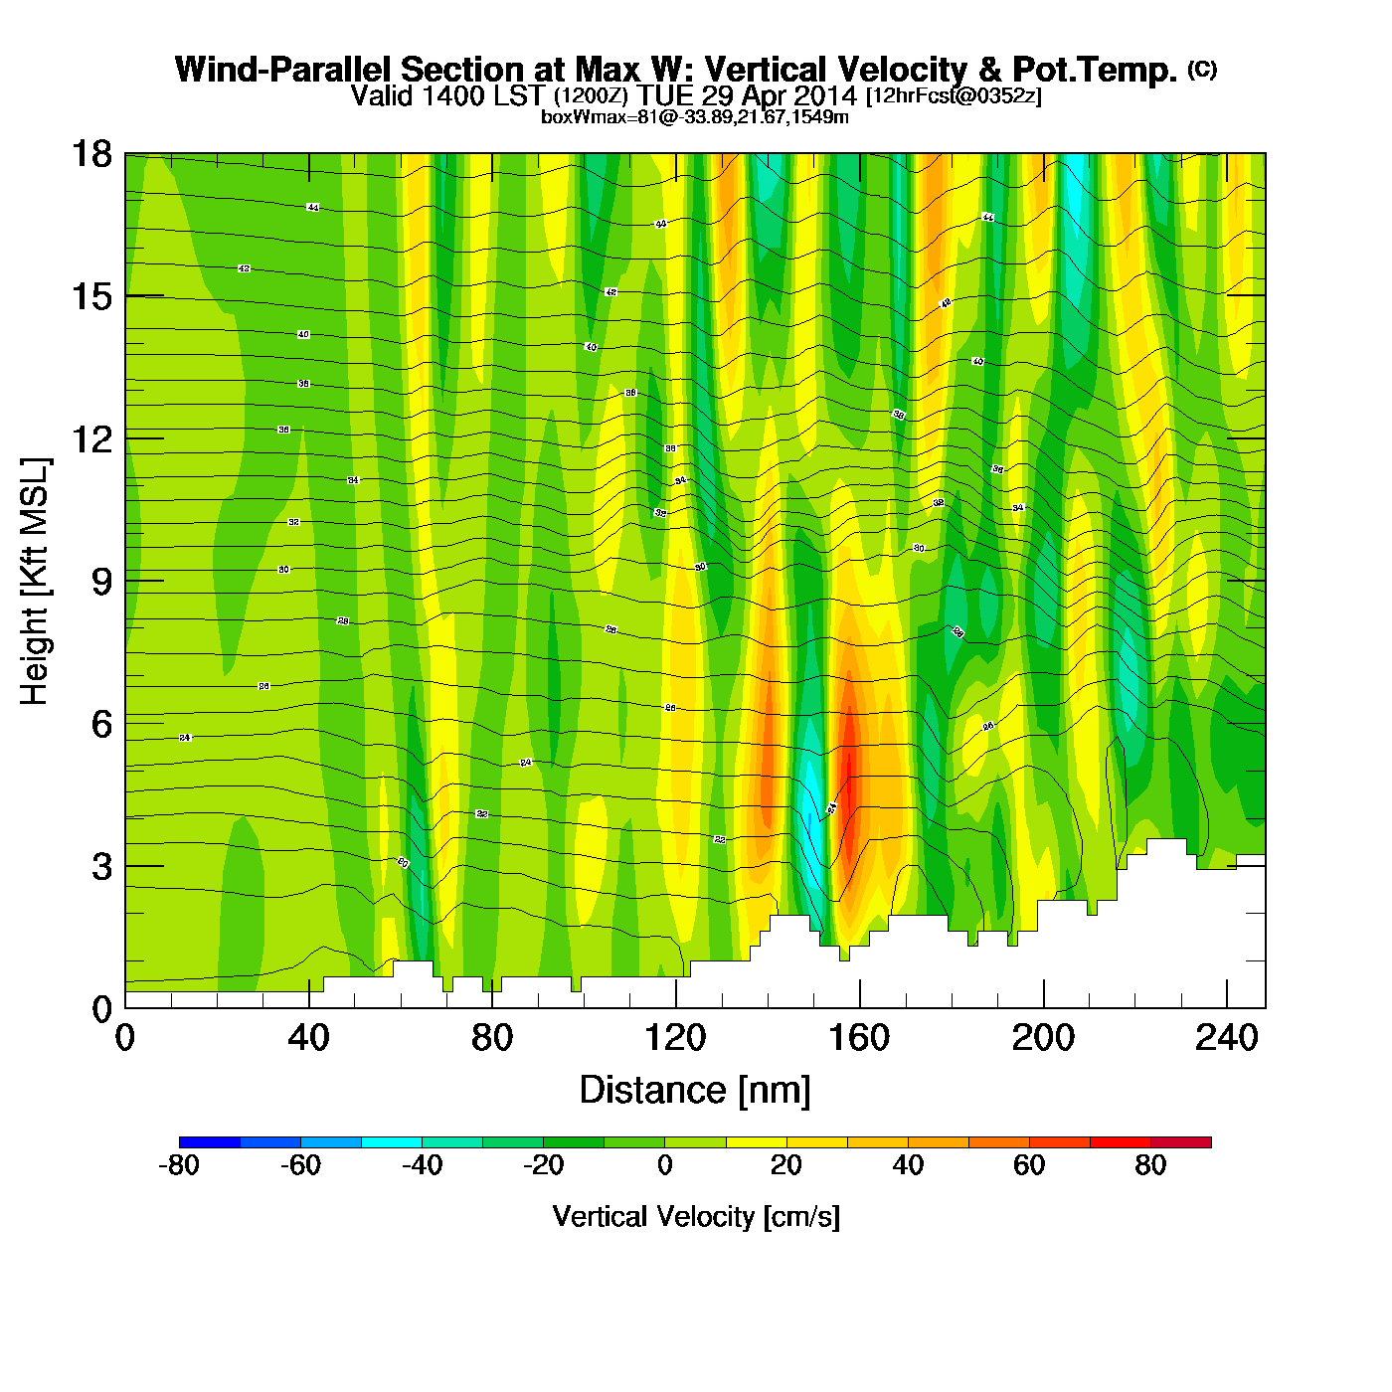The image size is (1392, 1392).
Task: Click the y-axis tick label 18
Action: tap(90, 154)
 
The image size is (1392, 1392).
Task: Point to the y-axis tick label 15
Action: tap(90, 296)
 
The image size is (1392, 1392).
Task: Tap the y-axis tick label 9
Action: tap(101, 582)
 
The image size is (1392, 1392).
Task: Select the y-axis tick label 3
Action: tap(101, 867)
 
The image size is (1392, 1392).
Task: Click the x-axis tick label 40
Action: tap(308, 1039)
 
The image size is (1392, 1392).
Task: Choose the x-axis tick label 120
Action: tap(675, 1039)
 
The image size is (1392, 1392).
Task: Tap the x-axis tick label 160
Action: tap(859, 1039)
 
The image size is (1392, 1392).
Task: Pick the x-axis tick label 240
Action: tap(1227, 1039)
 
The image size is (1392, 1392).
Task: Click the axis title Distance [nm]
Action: tap(695, 1091)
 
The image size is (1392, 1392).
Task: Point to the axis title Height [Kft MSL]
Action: tap(35, 582)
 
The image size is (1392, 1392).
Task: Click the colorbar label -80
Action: tap(179, 1165)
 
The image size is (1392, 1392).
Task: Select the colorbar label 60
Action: tap(1029, 1165)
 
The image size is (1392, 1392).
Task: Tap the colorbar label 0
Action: tap(665, 1165)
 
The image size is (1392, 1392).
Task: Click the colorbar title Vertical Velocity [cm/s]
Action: tap(696, 1216)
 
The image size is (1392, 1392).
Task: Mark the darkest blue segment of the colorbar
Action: tap(210, 1141)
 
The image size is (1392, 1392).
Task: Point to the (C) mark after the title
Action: tap(1202, 69)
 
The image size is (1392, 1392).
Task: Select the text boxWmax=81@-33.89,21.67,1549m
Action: tap(695, 116)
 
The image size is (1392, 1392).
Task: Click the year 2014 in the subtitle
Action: tap(822, 95)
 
